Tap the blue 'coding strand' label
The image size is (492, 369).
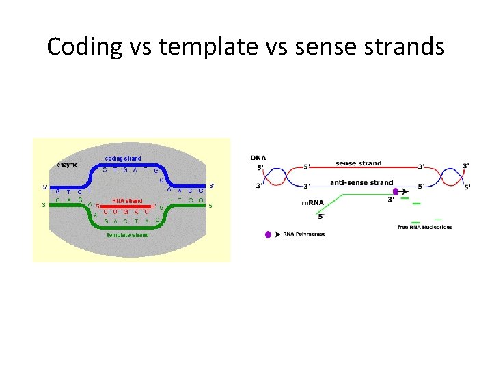click(123, 159)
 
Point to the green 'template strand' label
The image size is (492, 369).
click(127, 235)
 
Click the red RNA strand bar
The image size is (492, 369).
click(126, 206)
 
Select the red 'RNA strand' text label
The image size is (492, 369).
click(128, 200)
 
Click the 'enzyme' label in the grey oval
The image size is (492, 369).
click(67, 165)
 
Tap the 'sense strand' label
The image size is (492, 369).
click(358, 163)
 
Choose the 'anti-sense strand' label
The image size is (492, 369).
click(361, 182)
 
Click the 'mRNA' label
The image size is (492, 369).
click(313, 202)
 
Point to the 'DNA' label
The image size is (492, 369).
click(258, 158)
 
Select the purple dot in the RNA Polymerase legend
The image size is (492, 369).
click(268, 234)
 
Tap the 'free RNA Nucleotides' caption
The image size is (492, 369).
click(424, 227)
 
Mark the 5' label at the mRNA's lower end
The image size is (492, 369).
click(321, 217)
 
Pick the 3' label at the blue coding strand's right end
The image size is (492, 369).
click(211, 185)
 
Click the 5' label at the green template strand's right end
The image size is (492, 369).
click(211, 205)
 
